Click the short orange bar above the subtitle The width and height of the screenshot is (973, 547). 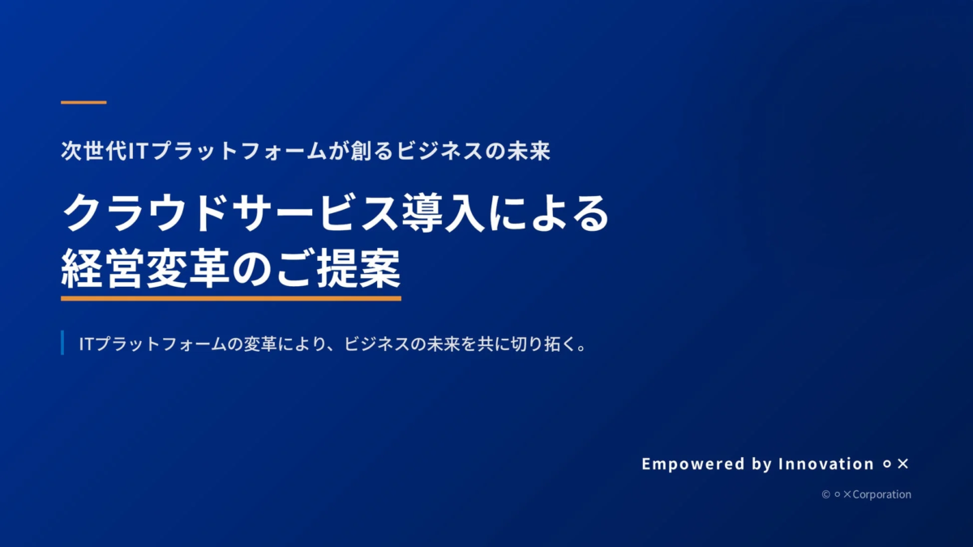(x=84, y=102)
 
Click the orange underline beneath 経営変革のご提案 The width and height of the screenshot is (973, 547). (x=231, y=298)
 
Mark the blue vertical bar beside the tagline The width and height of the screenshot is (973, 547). (x=62, y=343)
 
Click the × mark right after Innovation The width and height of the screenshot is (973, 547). (x=903, y=464)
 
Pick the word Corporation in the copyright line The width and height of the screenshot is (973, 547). (x=881, y=494)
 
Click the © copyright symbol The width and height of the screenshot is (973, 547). (x=825, y=494)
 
